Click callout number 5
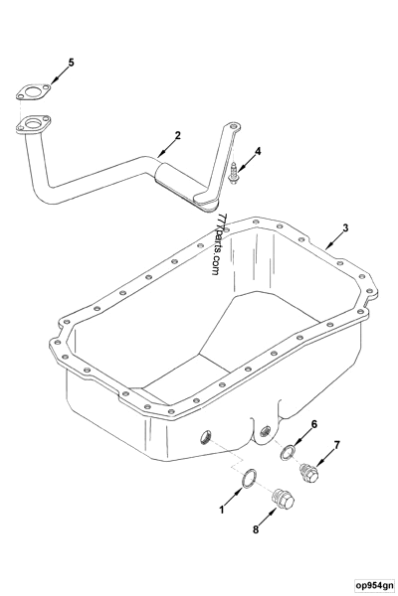pos(71,63)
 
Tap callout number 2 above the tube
pos(176,134)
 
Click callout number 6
pos(314,424)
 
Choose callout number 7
pos(337,445)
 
